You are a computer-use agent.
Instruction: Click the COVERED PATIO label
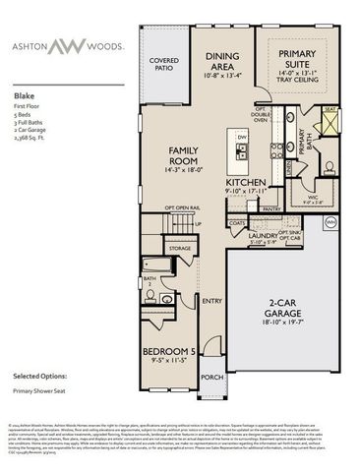click(x=164, y=64)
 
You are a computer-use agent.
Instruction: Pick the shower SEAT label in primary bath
click(x=330, y=110)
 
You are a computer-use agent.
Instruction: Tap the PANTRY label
click(x=272, y=208)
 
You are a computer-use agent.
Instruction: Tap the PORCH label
click(x=210, y=377)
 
